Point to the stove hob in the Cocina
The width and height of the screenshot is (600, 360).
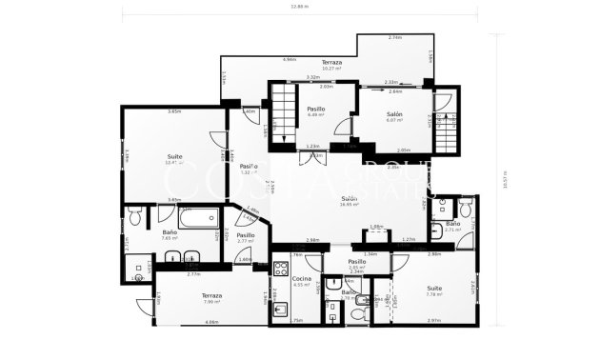(x=282, y=269)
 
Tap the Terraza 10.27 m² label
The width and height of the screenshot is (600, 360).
(x=331, y=65)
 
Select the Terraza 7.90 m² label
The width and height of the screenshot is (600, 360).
(x=211, y=298)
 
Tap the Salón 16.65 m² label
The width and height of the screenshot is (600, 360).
(x=350, y=201)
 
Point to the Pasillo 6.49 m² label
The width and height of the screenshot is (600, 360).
(x=316, y=111)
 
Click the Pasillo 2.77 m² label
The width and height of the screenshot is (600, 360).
(x=246, y=238)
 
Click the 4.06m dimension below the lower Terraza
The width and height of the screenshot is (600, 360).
(x=211, y=322)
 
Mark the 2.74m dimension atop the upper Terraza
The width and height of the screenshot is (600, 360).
(x=394, y=37)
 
